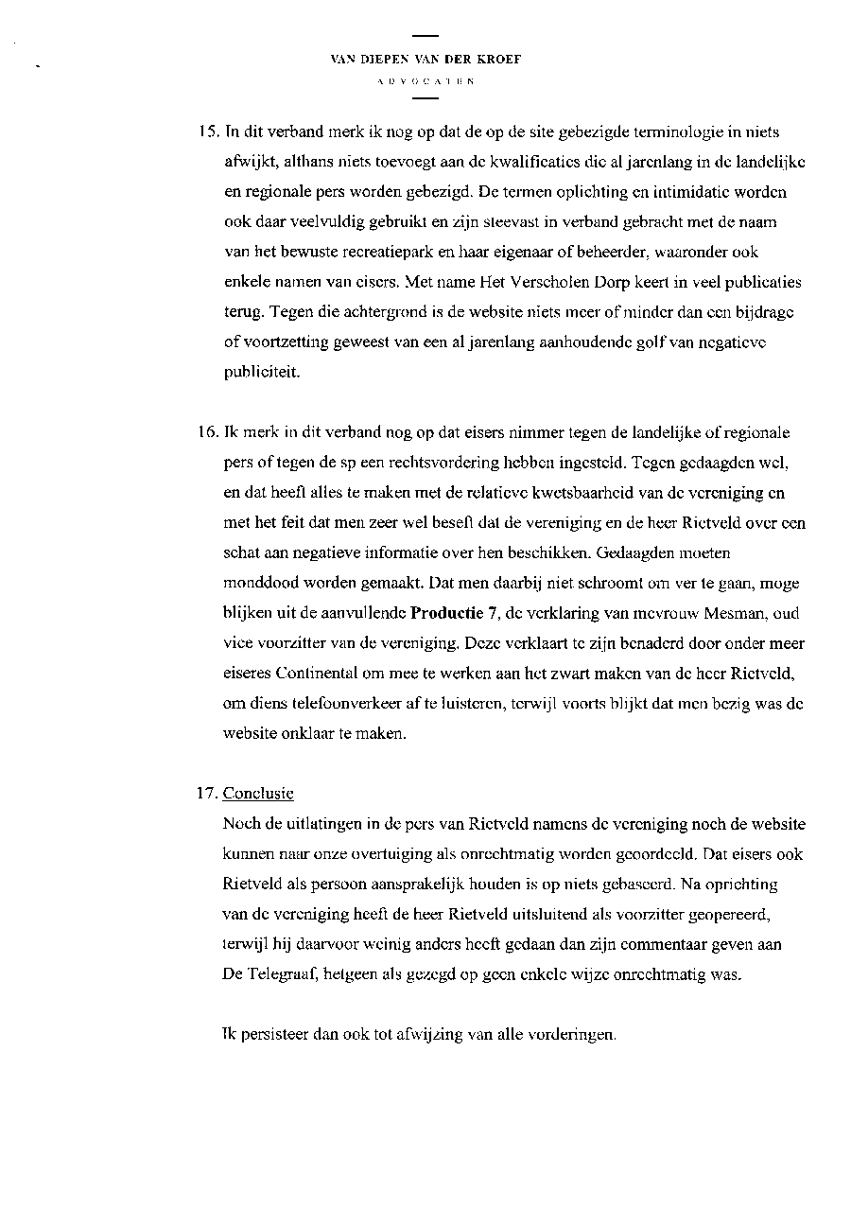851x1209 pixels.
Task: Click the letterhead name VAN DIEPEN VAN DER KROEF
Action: tap(425, 59)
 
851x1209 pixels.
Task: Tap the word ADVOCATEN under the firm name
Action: tap(425, 82)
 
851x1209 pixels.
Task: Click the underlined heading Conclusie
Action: tap(258, 794)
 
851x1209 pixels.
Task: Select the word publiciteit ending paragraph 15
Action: tap(261, 373)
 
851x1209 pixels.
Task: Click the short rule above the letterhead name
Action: tap(425, 36)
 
